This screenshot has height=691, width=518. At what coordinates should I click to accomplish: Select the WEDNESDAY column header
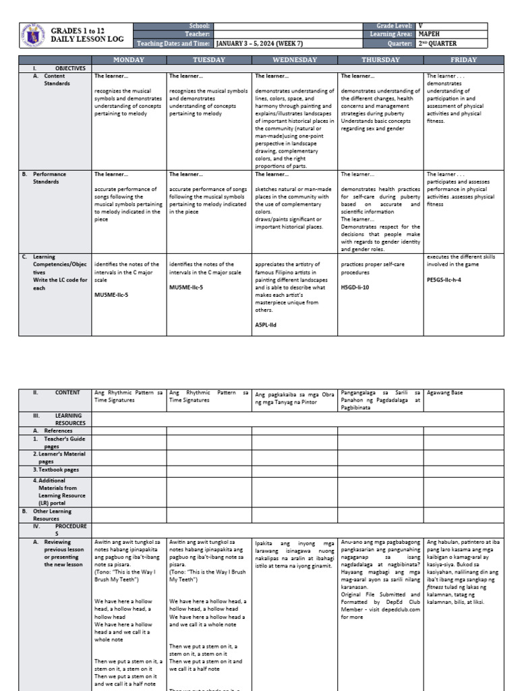[x=294, y=59]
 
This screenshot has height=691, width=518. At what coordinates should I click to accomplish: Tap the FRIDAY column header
[x=463, y=59]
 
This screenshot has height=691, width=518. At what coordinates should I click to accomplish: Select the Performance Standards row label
[x=51, y=178]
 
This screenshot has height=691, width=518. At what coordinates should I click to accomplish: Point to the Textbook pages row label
[x=56, y=469]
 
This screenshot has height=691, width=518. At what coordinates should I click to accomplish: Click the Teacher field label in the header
[x=202, y=34]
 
